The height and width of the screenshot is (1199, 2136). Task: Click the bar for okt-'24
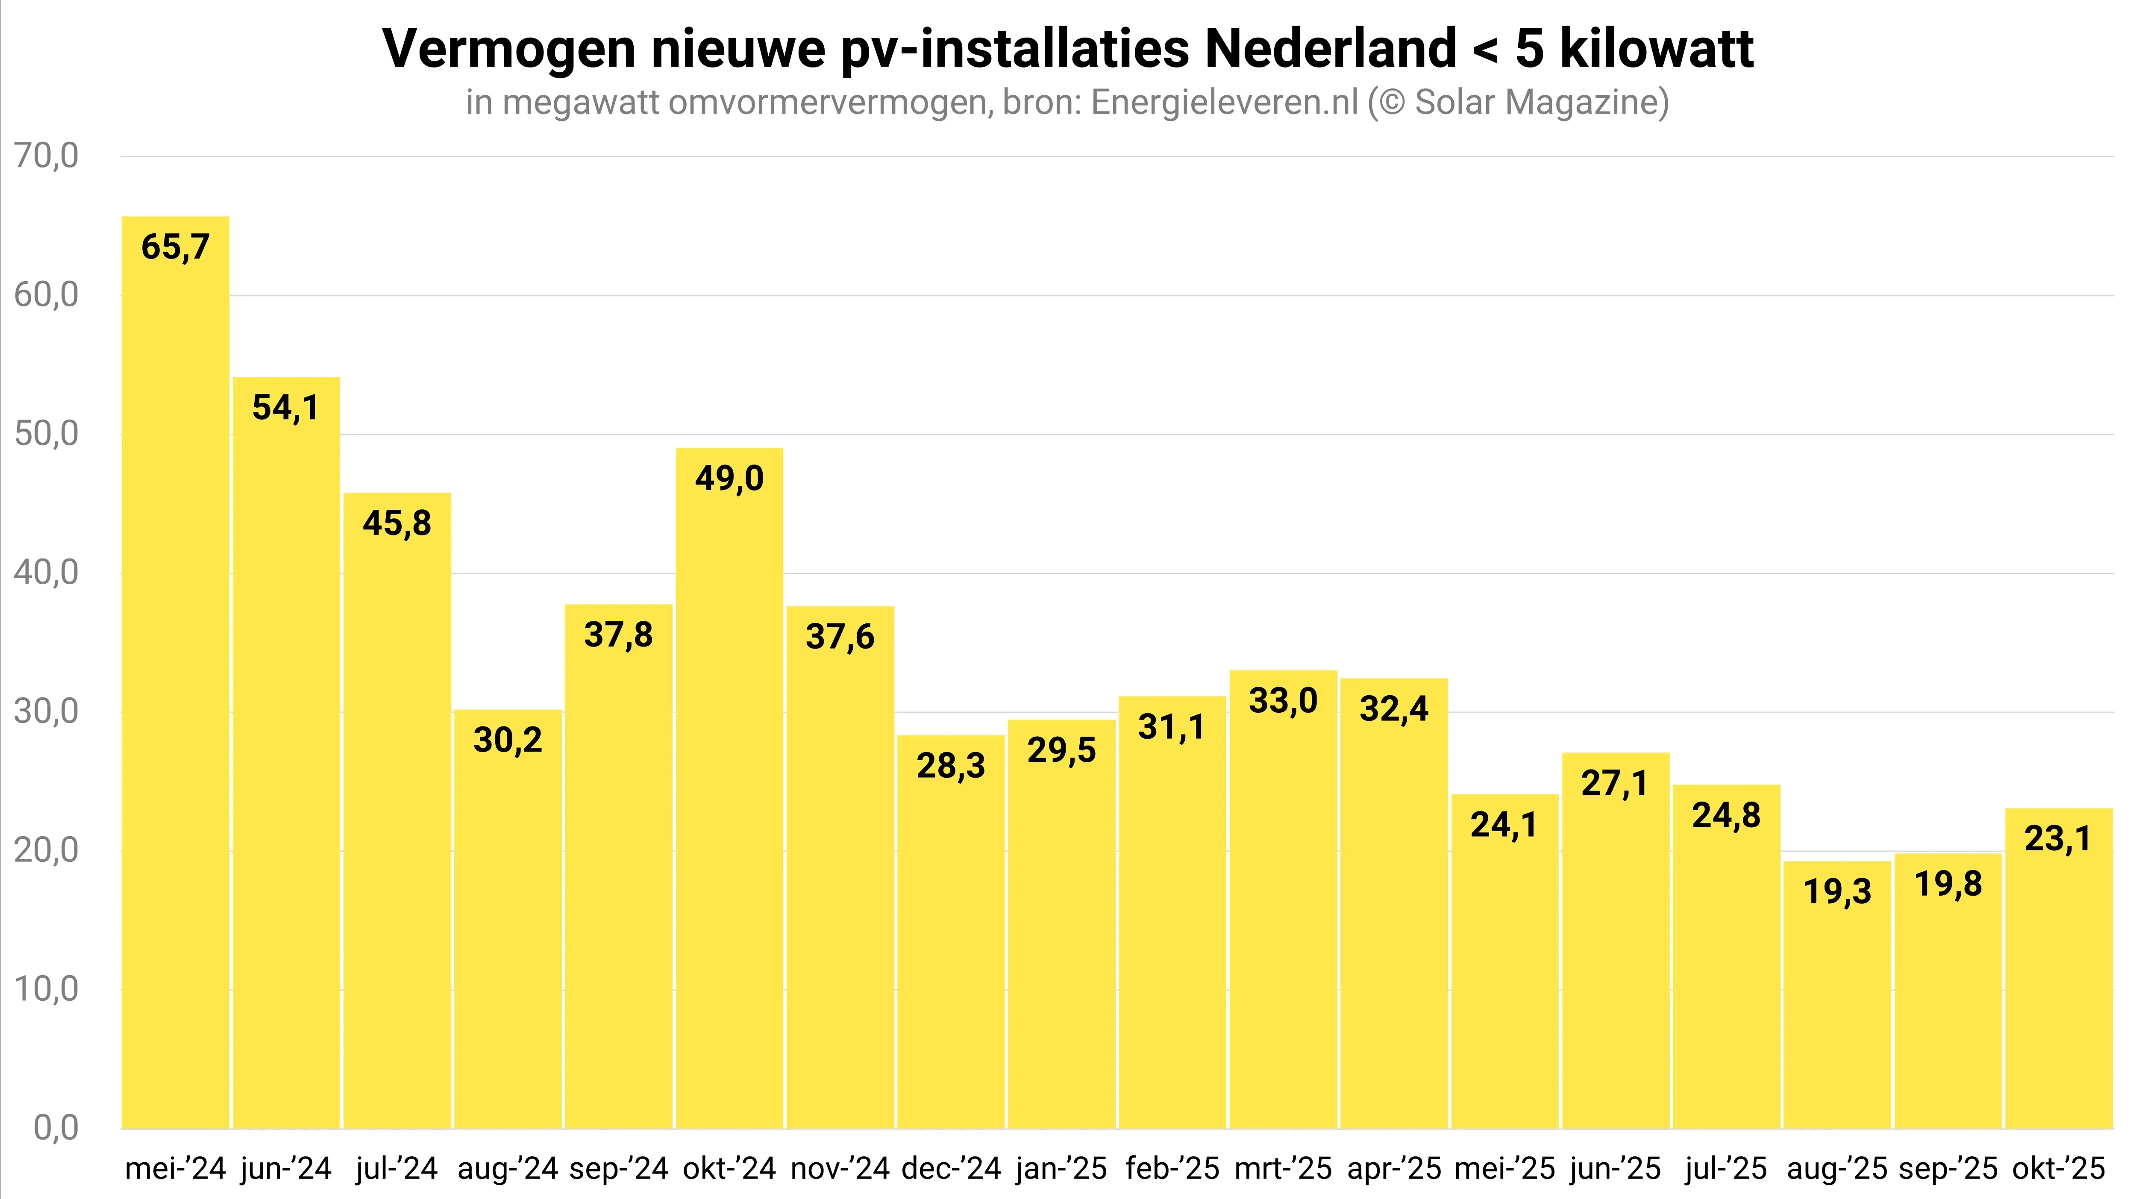729,788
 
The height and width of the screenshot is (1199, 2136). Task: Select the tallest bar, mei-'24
175,672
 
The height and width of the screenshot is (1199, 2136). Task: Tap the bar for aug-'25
1836,995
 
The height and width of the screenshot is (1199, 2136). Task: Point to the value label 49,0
729,479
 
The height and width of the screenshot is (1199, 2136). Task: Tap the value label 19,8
1948,884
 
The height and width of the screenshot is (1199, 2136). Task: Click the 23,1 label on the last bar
2057,838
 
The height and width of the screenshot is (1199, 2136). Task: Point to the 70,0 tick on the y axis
47,156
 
